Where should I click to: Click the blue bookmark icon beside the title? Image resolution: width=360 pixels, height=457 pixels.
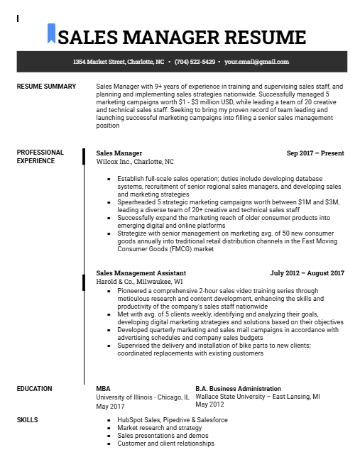pos(51,33)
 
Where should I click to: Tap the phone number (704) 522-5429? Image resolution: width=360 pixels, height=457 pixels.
pos(195,62)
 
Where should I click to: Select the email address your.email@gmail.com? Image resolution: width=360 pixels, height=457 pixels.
pos(257,62)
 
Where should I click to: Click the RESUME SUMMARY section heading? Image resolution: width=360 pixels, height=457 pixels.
pos(46,87)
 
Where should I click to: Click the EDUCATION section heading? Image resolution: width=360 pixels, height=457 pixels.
pos(35,389)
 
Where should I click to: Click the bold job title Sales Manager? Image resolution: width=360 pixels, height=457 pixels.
pos(119,153)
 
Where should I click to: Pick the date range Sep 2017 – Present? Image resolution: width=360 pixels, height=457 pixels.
pos(315,153)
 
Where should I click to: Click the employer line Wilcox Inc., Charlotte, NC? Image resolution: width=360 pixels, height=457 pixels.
pos(135,162)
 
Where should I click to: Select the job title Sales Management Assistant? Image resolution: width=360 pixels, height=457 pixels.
pos(141,272)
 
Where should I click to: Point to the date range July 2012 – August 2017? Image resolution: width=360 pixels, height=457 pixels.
pos(307,272)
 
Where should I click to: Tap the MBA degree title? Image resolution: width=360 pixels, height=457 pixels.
pos(103,389)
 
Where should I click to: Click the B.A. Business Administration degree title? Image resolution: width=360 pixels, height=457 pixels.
pos(238,389)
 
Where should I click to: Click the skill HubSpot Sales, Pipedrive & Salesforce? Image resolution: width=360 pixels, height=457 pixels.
pos(173,420)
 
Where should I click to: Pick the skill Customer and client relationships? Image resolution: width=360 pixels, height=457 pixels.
pos(165,444)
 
